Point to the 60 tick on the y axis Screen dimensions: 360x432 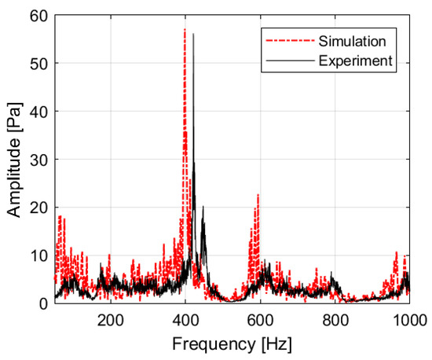[x=38, y=15]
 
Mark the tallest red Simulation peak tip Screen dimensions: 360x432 [x=185, y=29]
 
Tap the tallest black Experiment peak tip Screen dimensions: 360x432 [x=193, y=34]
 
